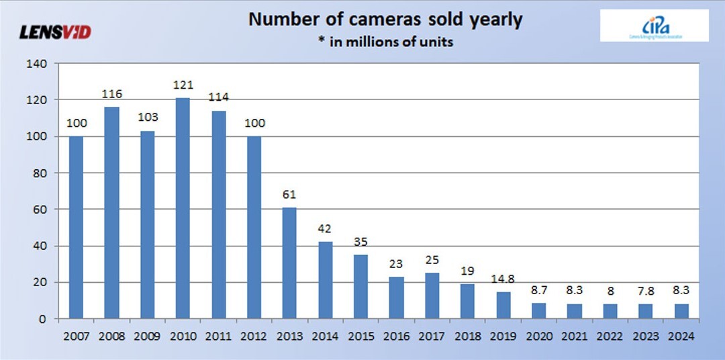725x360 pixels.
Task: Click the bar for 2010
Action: pyautogui.click(x=183, y=208)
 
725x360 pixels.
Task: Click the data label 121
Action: pyautogui.click(x=183, y=85)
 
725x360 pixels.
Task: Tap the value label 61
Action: pyautogui.click(x=289, y=195)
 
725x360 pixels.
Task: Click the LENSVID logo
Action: pyautogui.click(x=56, y=32)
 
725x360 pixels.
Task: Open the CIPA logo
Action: pyautogui.click(x=654, y=26)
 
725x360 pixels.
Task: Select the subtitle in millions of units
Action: pyautogui.click(x=385, y=42)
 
